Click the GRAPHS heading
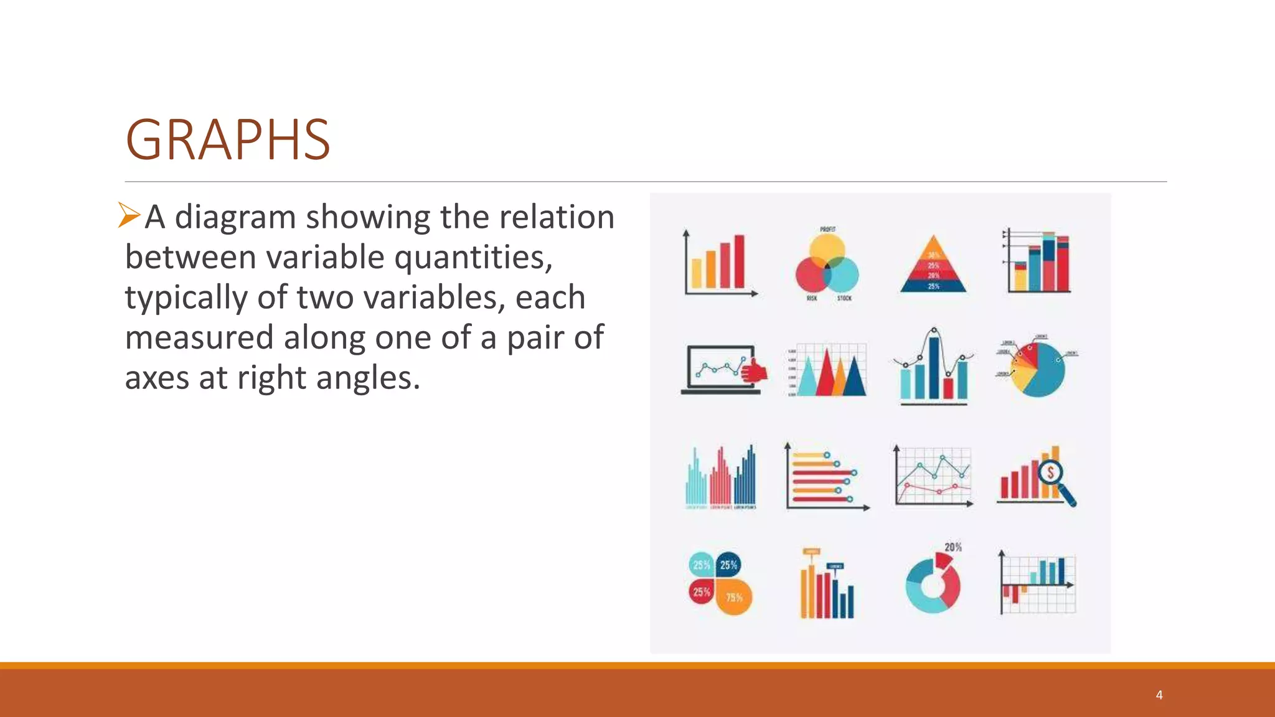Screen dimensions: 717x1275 tap(228, 140)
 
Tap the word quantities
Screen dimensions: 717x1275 tap(473, 257)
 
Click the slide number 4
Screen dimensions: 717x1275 tap(1159, 695)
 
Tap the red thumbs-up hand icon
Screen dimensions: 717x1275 tap(755, 371)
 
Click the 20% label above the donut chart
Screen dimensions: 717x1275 tap(953, 547)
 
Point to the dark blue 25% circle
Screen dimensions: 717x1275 tap(728, 565)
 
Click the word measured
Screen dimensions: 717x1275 tap(199, 337)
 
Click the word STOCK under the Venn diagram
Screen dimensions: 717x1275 tap(844, 299)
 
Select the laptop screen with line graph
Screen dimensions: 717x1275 tap(720, 367)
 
